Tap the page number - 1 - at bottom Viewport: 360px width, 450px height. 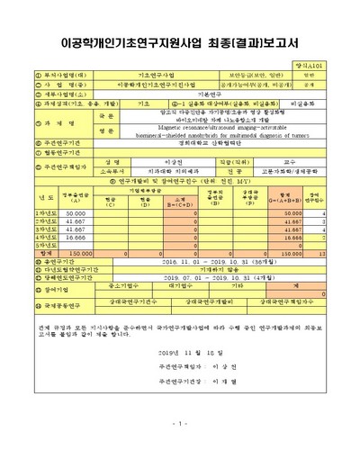(180, 424)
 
